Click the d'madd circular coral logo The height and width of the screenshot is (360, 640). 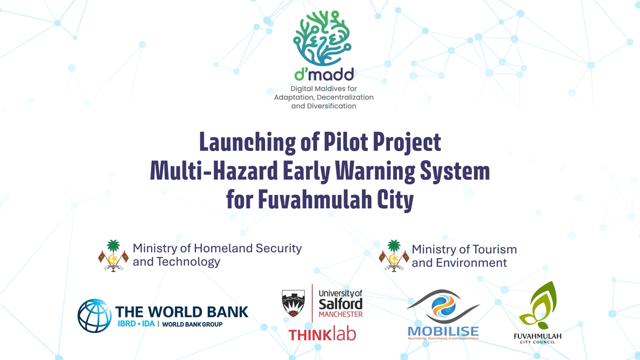tap(322, 38)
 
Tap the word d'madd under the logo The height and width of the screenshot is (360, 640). tap(324, 74)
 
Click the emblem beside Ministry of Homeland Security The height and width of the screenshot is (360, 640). tap(113, 255)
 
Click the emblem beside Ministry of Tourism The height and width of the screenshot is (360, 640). tap(394, 255)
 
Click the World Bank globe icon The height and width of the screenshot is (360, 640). tap(94, 315)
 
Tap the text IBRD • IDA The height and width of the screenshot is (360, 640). tap(136, 324)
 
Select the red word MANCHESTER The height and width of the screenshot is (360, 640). tap(340, 314)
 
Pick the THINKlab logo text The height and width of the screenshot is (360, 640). tap(322, 334)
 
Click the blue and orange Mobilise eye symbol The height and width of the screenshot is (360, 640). tap(443, 306)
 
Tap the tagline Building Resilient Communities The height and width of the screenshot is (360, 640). tap(443, 338)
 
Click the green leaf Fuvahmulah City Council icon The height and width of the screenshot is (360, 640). tap(537, 305)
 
